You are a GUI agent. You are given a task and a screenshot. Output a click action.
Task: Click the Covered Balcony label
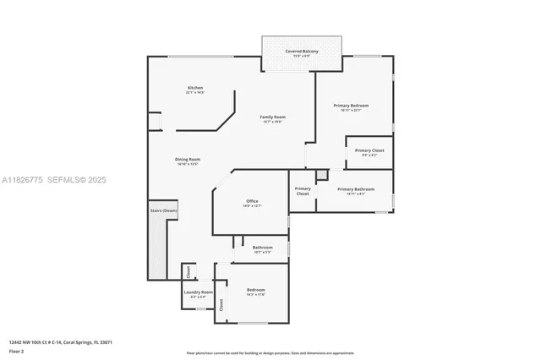301,52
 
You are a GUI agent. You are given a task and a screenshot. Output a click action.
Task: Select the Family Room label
272,118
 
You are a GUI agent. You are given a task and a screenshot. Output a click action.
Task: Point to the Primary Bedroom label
351,107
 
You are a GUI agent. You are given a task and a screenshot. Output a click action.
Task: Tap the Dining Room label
188,161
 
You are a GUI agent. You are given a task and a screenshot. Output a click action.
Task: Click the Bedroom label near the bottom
256,292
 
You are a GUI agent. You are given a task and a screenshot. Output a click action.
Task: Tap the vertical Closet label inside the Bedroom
221,305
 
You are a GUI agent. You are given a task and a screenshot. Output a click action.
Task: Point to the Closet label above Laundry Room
188,272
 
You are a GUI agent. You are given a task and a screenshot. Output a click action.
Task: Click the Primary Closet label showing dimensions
369,152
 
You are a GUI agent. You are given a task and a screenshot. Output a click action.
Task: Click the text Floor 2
17,352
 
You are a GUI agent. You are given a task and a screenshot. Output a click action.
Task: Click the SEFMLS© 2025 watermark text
76,180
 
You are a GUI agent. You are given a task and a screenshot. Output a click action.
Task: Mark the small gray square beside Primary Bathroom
321,175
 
